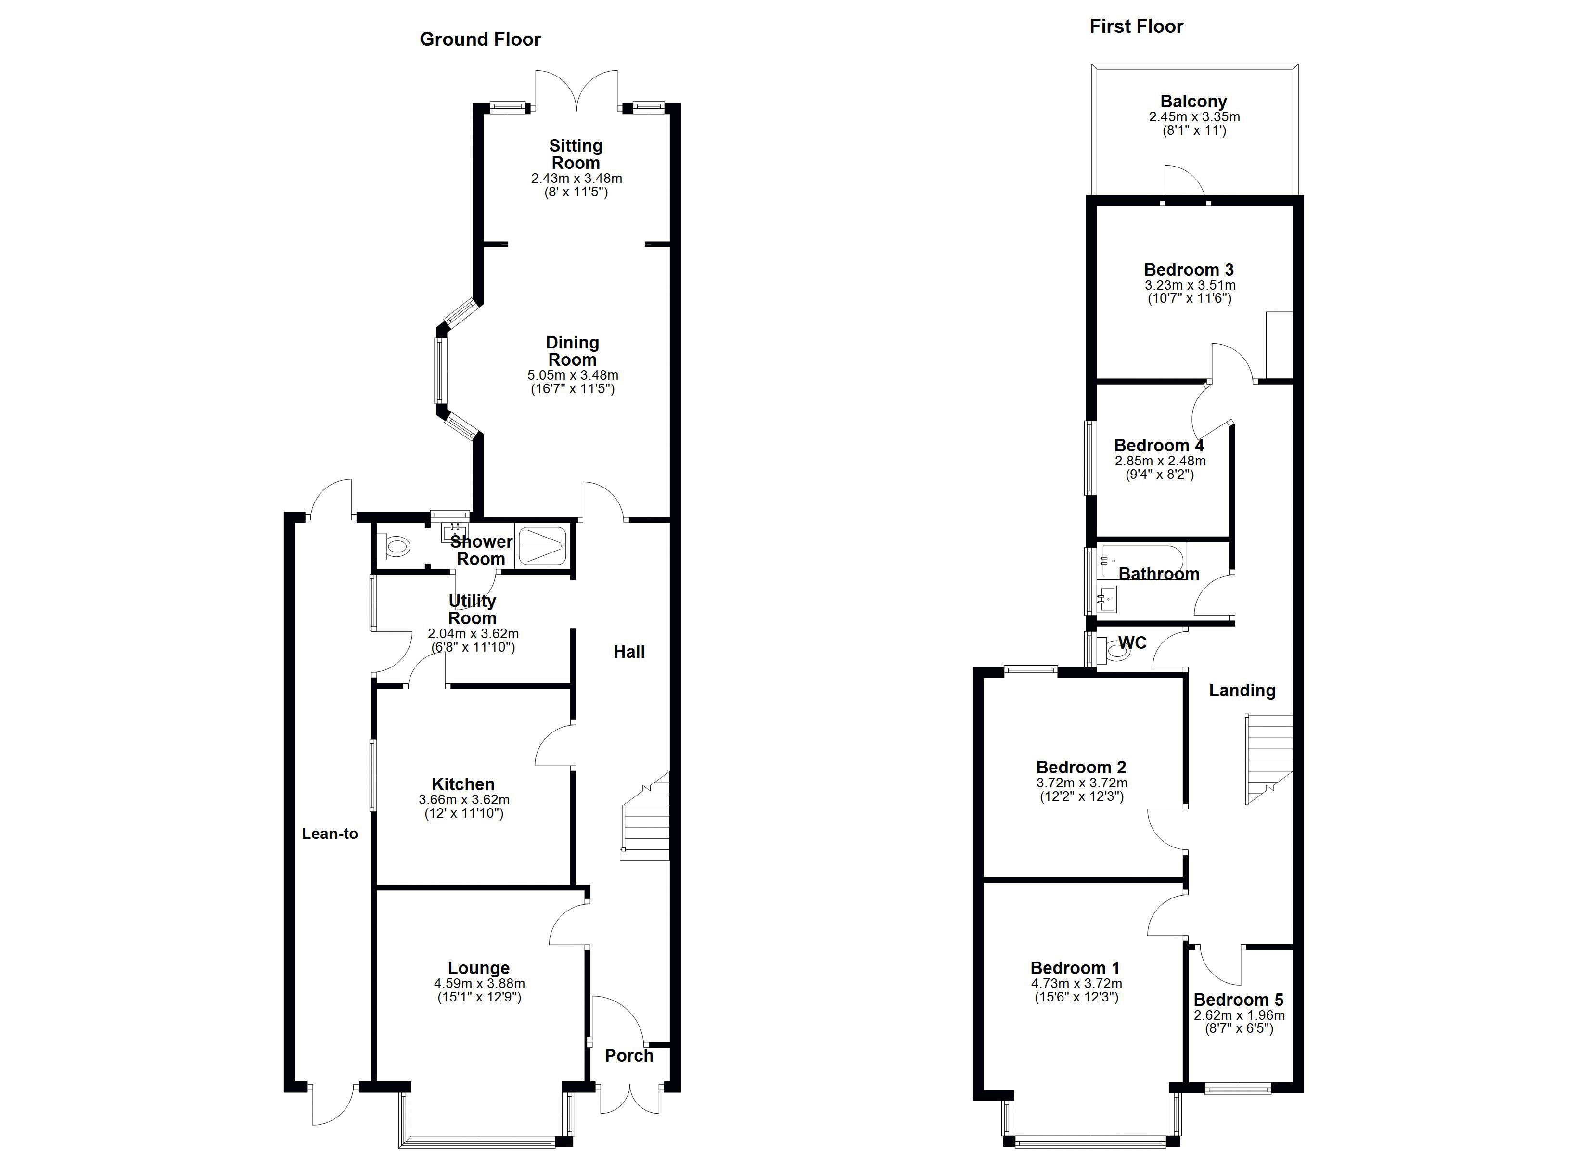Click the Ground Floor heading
click(480, 39)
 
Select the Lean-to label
click(330, 834)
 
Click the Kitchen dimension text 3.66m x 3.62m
click(463, 800)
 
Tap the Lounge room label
click(479, 968)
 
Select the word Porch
click(629, 1055)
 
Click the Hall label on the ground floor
click(629, 652)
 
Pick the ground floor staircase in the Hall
click(645, 817)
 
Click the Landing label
click(1242, 691)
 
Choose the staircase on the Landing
click(1268, 759)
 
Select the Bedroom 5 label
click(1239, 1000)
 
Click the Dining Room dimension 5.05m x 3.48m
click(573, 375)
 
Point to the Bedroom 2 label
click(1081, 768)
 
